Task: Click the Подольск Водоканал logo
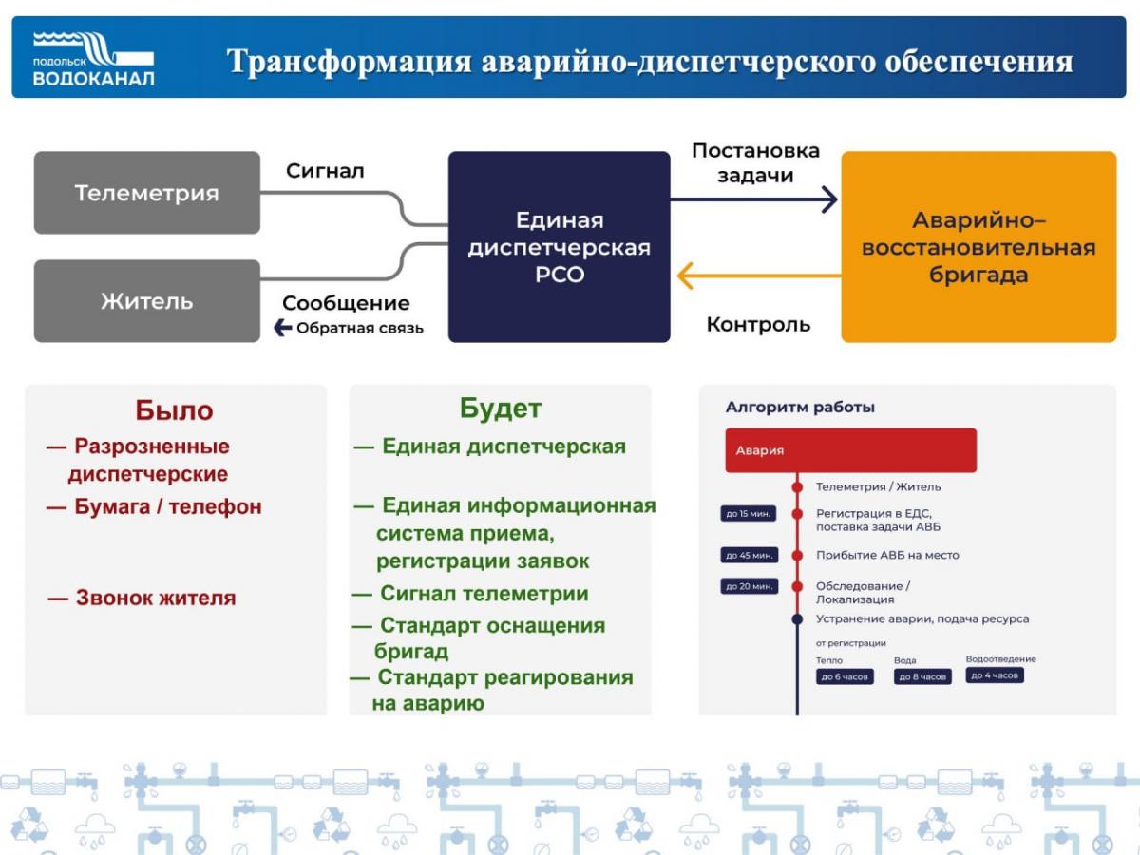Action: (x=93, y=59)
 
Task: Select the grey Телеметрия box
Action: (x=147, y=193)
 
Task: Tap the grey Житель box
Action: (x=147, y=301)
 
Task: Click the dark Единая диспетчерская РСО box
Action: (x=560, y=247)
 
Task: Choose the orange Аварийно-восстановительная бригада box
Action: (x=978, y=247)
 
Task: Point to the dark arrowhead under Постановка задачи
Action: (x=830, y=199)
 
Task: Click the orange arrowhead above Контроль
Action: (x=685, y=275)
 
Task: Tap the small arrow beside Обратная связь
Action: (x=282, y=328)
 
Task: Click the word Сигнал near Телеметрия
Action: (x=325, y=171)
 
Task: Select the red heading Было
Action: (x=175, y=410)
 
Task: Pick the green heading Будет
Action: (x=500, y=408)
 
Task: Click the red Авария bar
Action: (x=850, y=450)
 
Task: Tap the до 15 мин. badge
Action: (x=749, y=513)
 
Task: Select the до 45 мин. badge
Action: (x=749, y=555)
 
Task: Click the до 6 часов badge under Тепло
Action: (x=845, y=676)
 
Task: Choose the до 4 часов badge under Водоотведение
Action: (x=995, y=674)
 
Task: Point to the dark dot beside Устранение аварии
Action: (x=797, y=618)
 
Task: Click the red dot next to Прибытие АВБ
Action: (x=797, y=556)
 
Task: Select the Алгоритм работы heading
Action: (x=800, y=407)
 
